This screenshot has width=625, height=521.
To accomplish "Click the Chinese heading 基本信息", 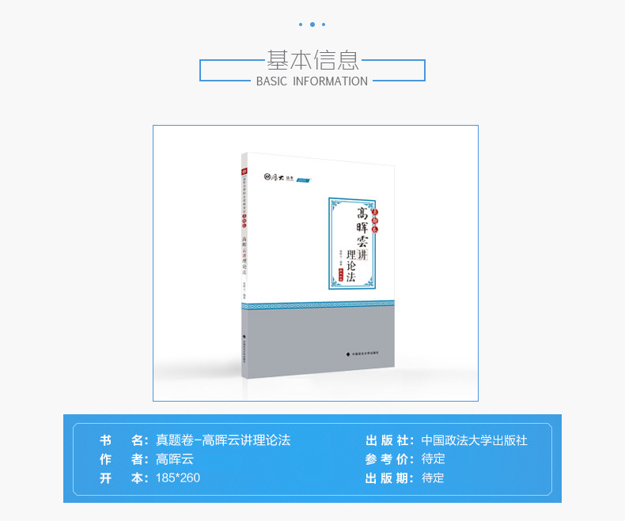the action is pyautogui.click(x=312, y=59).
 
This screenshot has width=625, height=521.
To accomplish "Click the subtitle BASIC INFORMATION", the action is pyautogui.click(x=312, y=81).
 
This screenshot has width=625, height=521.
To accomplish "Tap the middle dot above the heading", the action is pyautogui.click(x=312, y=25).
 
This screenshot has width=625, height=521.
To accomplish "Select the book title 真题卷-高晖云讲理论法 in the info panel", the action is pyautogui.click(x=223, y=440).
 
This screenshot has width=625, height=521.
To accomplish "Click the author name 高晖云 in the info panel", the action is pyautogui.click(x=175, y=459).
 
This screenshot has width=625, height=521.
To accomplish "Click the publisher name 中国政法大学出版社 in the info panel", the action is pyautogui.click(x=474, y=440).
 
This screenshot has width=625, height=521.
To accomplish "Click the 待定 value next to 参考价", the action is pyautogui.click(x=434, y=459).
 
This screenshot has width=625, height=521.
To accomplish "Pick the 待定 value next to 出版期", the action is pyautogui.click(x=434, y=478).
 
